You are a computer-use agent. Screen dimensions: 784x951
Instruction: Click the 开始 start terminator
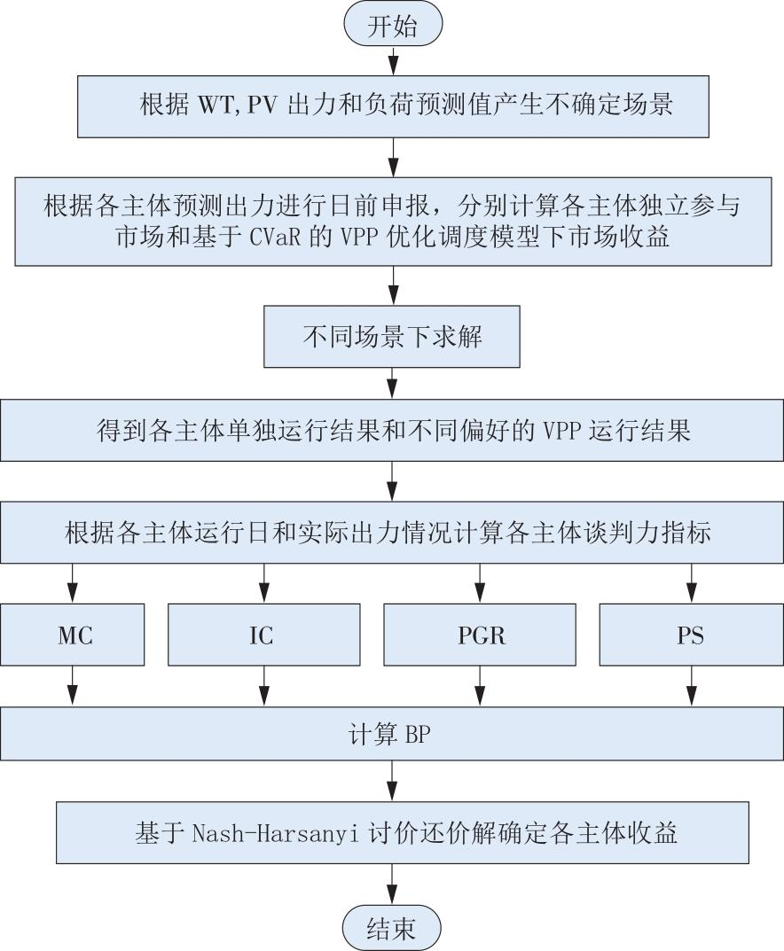393,27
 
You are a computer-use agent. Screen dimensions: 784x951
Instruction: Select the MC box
72,635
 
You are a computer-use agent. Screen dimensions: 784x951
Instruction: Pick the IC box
264,635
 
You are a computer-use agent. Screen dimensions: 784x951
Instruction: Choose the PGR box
480,635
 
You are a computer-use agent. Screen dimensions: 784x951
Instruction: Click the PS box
691,635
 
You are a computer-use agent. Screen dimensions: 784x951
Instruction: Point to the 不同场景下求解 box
392,336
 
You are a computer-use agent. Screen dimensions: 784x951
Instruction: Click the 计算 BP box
392,735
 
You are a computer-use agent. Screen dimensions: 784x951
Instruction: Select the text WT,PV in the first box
238,105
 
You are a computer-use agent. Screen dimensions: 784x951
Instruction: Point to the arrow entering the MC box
72,583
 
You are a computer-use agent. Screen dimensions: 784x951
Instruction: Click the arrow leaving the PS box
691,685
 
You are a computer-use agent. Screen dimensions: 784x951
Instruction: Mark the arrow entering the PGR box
480,583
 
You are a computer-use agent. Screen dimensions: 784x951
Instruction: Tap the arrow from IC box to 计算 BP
264,685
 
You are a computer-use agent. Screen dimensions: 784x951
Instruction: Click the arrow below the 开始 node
393,60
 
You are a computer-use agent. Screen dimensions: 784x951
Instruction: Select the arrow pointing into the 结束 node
392,885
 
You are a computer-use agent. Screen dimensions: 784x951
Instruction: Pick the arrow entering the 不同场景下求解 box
393,285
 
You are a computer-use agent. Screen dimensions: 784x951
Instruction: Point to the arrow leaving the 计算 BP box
392,781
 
